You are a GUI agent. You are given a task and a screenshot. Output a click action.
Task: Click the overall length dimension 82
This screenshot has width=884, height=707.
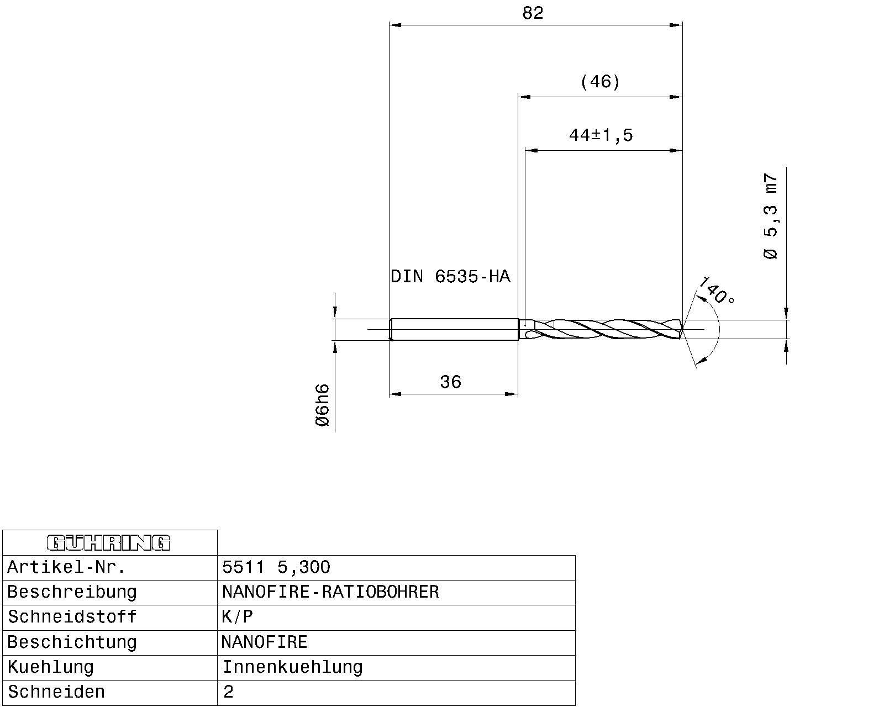[x=533, y=13]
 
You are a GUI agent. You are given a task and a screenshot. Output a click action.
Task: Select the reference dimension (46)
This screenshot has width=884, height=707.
[x=600, y=82]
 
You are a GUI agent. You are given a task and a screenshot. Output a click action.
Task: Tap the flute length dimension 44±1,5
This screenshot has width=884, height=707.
[x=601, y=135]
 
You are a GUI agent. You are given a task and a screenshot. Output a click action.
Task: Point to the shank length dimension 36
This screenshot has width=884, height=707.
[x=450, y=382]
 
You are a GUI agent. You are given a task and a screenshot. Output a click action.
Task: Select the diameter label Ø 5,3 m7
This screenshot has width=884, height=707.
[x=771, y=217]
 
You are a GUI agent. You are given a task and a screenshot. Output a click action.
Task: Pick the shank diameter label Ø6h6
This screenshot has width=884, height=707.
[x=322, y=405]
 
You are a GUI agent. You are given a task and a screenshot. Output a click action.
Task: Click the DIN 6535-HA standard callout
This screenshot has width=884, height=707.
[x=450, y=276]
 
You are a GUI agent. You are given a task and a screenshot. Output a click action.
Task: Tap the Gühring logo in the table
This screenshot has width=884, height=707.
[x=109, y=543]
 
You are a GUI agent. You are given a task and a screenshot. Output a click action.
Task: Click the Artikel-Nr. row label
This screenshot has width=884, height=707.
[x=66, y=567]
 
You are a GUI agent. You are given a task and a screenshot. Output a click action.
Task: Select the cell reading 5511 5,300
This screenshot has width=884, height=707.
[x=276, y=567]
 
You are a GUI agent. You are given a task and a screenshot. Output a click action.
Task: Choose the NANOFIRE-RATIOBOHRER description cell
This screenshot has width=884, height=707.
[x=330, y=592]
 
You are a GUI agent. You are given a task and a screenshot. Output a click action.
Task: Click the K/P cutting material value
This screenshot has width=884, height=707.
[x=237, y=617]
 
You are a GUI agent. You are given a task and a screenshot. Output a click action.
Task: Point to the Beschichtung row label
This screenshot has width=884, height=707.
[x=72, y=642]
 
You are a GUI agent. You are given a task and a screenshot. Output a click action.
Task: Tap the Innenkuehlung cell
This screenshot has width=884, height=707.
[x=292, y=667]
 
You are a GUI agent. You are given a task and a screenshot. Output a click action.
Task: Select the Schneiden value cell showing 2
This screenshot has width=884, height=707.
[x=229, y=692]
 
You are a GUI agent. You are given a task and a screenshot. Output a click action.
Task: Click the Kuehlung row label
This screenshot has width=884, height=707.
[x=51, y=667]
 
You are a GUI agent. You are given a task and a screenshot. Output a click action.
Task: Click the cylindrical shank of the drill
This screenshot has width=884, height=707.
[x=453, y=330]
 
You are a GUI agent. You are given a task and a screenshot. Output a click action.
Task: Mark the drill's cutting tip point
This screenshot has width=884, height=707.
[x=683, y=330]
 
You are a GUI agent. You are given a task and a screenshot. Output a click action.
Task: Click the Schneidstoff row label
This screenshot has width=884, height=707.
[x=72, y=617]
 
